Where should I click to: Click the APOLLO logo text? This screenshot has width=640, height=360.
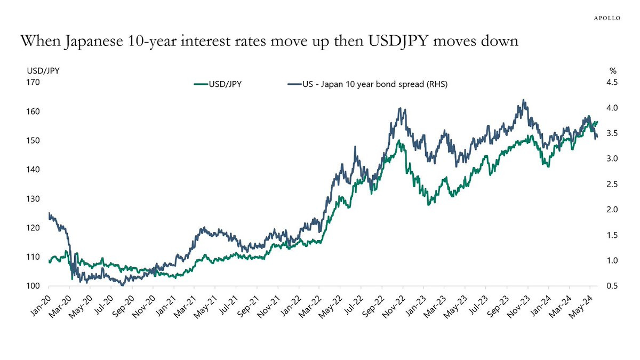(607, 17)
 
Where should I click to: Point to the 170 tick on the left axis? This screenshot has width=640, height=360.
(33, 83)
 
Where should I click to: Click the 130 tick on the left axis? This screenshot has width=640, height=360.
(33, 199)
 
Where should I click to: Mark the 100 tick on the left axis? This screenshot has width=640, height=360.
(33, 286)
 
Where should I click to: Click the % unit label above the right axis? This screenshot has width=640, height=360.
(613, 70)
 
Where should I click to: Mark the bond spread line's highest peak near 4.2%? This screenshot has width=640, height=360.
(524, 100)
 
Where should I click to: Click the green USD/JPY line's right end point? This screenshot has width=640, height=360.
(597, 122)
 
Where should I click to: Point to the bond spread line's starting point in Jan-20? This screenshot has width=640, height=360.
(49, 213)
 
